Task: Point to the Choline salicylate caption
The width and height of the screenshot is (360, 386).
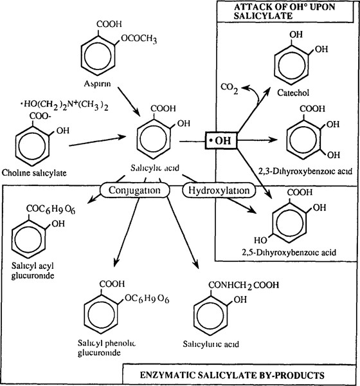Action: [x=39, y=172]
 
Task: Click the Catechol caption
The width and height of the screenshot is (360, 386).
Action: [x=291, y=93]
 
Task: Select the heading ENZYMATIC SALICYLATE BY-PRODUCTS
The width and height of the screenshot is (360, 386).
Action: [x=239, y=374]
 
